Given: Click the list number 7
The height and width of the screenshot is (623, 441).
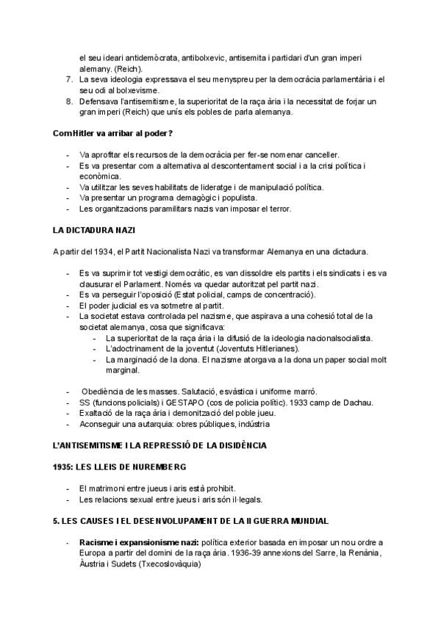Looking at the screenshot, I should pyautogui.click(x=69, y=79).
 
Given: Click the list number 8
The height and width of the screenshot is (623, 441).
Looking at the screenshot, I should pyautogui.click(x=69, y=101).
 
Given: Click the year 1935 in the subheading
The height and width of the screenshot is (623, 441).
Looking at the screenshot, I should pyautogui.click(x=64, y=467).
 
